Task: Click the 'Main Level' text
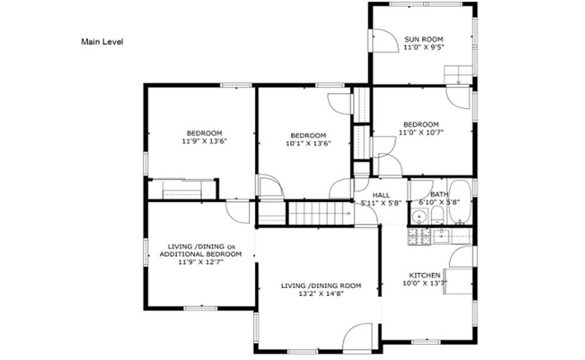point(102,42)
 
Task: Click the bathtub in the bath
point(461,202)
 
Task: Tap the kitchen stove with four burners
point(416,236)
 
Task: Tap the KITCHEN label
point(424,275)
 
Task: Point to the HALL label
point(381,195)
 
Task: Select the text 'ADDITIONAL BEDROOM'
point(200,254)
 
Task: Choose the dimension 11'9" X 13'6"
point(204,141)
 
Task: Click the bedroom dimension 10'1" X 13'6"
point(308,143)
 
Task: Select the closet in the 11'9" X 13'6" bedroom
point(182,189)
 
